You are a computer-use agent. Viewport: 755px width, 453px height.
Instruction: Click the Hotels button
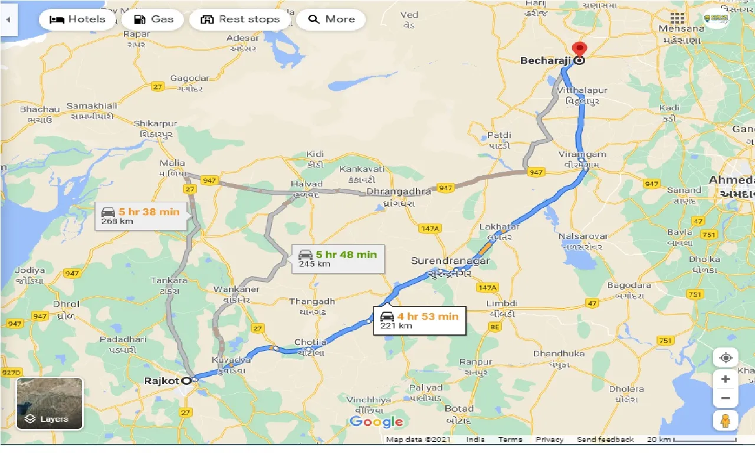pos(77,19)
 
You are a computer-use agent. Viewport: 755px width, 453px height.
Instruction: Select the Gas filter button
pos(153,19)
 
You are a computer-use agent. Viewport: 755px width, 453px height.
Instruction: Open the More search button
pos(331,19)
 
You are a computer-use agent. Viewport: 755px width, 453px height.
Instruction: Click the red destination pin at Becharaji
pos(580,50)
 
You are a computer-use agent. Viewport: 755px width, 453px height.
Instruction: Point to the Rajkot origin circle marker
pos(187,380)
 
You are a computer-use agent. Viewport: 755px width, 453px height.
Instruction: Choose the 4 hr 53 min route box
pos(419,320)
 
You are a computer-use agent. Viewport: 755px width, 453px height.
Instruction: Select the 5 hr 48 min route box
pos(338,258)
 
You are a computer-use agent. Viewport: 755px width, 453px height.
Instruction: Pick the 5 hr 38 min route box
pos(141,216)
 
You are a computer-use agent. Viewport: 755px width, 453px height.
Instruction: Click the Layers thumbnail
pos(50,404)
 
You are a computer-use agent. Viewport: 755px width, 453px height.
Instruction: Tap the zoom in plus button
pos(726,379)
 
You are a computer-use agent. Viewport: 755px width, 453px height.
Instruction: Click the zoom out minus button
pos(726,398)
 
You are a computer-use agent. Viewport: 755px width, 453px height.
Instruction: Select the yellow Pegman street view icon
pos(726,421)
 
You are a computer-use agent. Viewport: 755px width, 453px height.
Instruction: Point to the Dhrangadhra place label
pos(399,192)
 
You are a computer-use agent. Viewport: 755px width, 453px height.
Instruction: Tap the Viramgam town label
pos(583,155)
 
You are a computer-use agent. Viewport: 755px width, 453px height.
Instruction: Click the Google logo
pos(376,421)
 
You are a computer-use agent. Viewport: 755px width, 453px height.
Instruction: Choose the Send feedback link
pos(605,439)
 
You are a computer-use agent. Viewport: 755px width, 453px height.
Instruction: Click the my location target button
pos(726,358)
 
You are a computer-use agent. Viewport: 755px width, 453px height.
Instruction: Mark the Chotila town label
pos(310,342)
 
